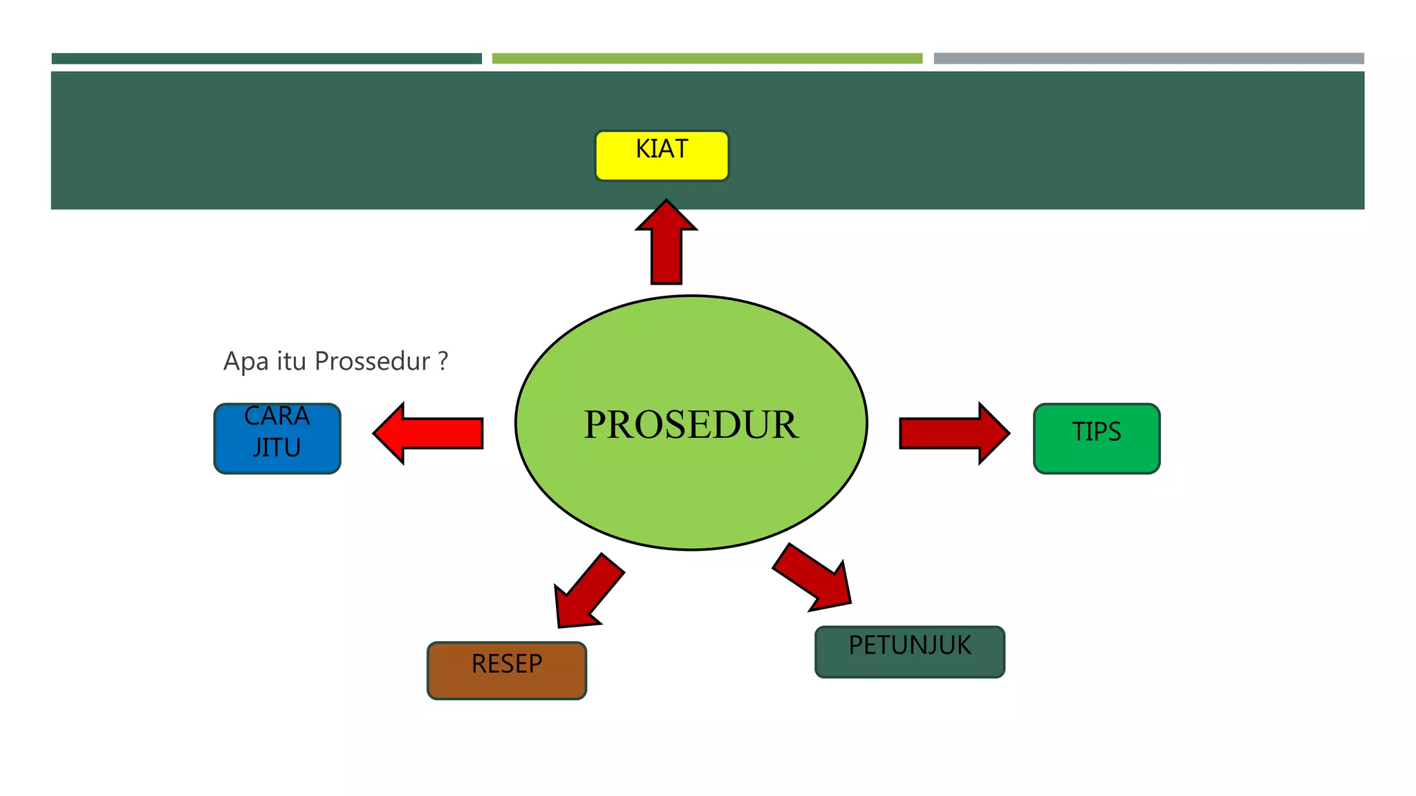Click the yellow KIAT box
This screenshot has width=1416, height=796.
click(662, 156)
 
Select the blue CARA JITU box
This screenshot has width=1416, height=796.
click(277, 439)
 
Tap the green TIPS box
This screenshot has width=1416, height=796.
click(1097, 439)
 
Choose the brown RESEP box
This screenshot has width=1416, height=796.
click(507, 670)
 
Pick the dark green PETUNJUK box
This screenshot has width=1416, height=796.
click(910, 652)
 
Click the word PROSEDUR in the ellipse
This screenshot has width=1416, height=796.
click(691, 424)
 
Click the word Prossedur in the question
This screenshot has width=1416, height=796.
click(372, 361)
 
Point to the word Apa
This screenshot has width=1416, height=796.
click(245, 361)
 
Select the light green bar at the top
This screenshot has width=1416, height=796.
click(707, 59)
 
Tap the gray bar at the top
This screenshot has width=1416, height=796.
click(1148, 59)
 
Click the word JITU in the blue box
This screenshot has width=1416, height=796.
click(277, 448)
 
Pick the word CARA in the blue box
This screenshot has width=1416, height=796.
click(277, 416)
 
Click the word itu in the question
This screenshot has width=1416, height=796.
click(291, 361)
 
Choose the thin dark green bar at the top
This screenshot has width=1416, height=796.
click(266, 59)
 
